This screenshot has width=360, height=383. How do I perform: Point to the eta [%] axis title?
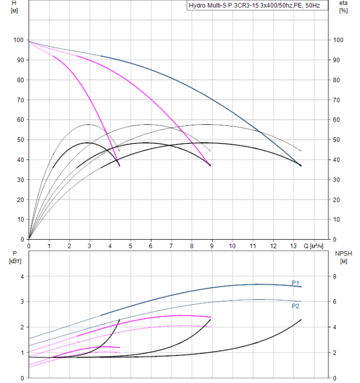coord(344,7)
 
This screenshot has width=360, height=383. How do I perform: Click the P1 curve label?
coord(295,283)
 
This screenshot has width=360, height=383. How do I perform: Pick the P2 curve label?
coord(295,306)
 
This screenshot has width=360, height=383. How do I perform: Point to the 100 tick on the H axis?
coord(19,40)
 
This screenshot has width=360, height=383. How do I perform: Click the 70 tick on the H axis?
coord(21,100)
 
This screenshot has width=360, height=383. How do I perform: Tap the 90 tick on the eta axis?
coord(338,60)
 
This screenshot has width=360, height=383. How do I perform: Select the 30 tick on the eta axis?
coord(338,179)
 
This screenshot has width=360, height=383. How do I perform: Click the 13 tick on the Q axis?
coord(294,246)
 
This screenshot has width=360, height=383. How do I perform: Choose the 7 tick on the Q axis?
coord(171,246)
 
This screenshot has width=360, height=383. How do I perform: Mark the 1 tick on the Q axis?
coord(49,246)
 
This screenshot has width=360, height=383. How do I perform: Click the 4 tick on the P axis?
coord(22,276)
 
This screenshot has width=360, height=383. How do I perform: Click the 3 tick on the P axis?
coord(22,301)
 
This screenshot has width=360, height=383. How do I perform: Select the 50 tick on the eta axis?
coord(338,140)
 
